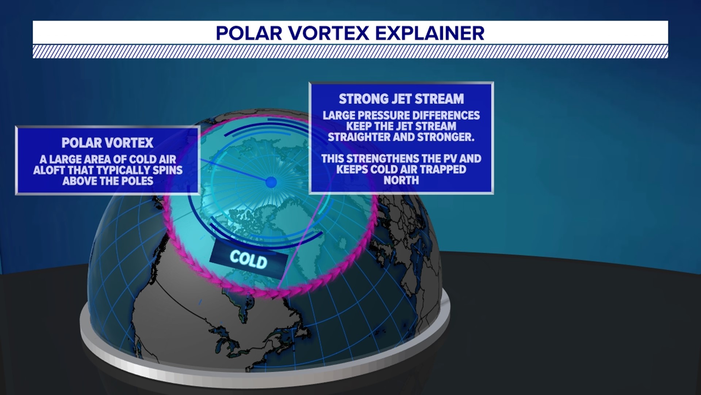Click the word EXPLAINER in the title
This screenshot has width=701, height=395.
(430, 33)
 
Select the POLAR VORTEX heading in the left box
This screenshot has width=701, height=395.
(107, 143)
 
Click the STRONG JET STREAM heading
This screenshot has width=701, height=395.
(401, 99)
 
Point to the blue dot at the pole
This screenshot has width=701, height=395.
(271, 182)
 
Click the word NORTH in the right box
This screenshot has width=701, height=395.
(401, 180)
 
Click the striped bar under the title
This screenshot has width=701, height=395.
(350, 52)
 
